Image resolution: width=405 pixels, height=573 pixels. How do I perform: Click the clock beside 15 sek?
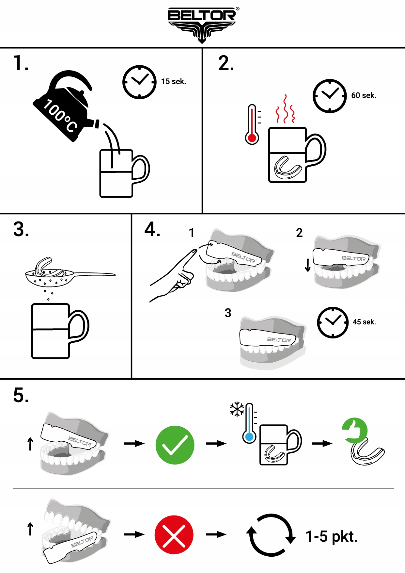pos(139,82)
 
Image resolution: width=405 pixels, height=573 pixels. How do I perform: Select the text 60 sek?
pos(364,95)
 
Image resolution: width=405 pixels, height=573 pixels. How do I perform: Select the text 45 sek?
pos(364,322)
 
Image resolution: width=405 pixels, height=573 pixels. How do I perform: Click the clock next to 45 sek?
pos(333,322)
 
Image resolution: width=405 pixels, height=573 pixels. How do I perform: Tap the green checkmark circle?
pos(175,445)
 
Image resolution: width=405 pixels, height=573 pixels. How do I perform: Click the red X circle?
pos(174,534)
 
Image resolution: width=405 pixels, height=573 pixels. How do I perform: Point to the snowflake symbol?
pos(237,409)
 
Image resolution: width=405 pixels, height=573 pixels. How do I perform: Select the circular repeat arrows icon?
pos(271,535)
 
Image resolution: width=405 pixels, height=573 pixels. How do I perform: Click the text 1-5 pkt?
pos(332,536)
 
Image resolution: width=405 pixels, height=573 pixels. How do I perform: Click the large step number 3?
pos(21,229)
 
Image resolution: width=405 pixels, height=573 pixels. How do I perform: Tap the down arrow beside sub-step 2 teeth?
pos(307,265)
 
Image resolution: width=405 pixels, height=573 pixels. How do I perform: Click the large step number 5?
pos(21,395)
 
